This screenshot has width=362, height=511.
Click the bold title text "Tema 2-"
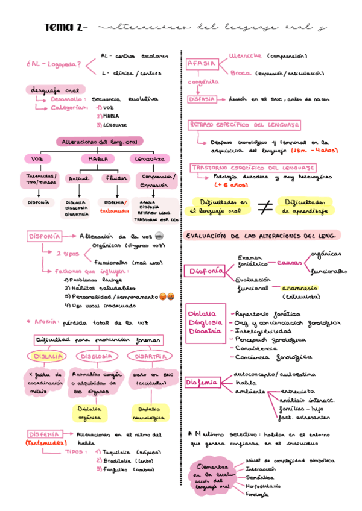66,28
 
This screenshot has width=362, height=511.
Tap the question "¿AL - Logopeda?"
55,64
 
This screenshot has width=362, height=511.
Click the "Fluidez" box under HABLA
116,178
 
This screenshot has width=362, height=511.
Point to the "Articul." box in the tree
78,178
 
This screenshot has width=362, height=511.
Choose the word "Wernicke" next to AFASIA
246,55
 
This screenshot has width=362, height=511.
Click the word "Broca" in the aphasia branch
240,73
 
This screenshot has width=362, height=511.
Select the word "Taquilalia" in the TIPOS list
118,451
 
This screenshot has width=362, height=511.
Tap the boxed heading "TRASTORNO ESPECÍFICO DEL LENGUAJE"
253,167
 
